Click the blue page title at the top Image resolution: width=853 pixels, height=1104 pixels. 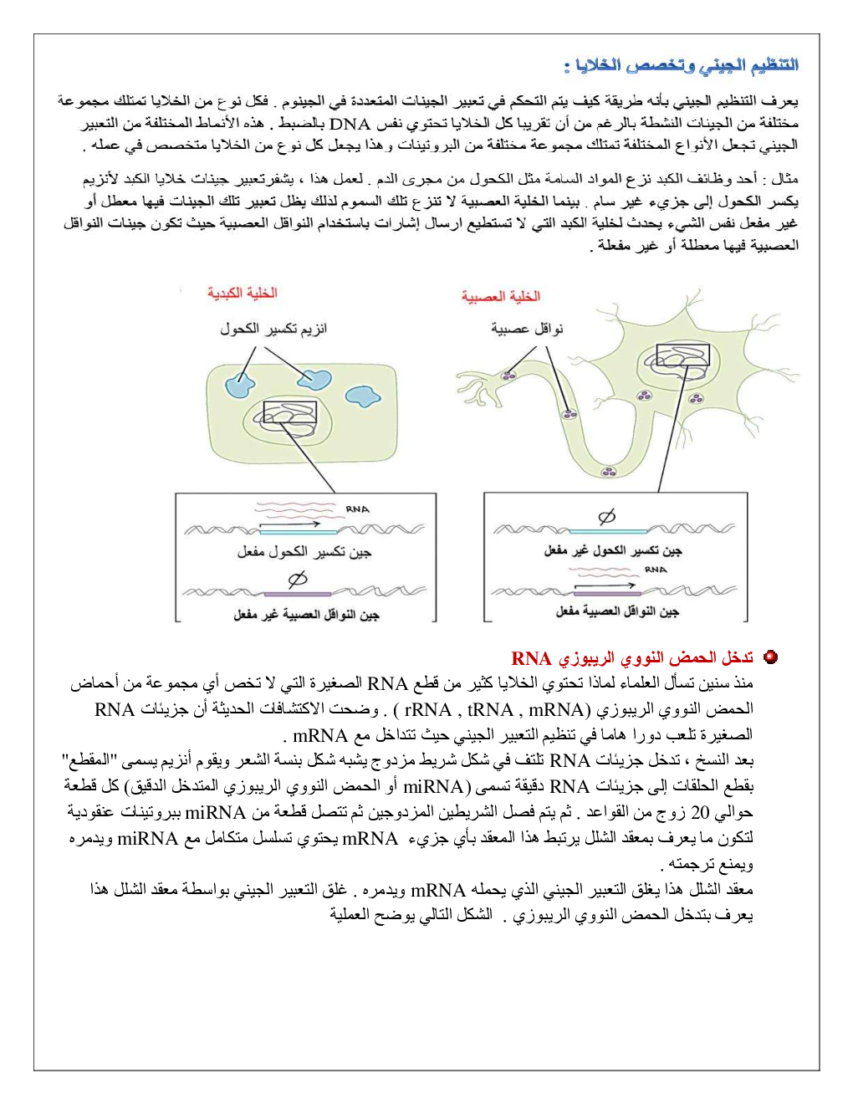click(x=681, y=65)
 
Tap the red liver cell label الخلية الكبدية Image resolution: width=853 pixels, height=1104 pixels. click(x=242, y=293)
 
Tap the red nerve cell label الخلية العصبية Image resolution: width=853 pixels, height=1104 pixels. click(x=500, y=296)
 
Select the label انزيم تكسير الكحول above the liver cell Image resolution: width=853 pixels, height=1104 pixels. click(x=273, y=329)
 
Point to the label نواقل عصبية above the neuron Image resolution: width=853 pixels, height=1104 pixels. click(x=527, y=329)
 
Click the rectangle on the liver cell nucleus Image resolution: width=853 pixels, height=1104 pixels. click(x=289, y=413)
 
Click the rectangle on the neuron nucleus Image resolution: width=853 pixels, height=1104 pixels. click(x=682, y=356)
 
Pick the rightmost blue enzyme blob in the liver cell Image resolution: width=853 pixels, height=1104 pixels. click(x=363, y=396)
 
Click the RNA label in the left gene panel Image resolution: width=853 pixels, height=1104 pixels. click(x=357, y=509)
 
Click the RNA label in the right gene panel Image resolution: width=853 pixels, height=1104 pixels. click(x=656, y=570)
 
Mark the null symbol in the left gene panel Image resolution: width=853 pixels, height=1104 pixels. click(x=298, y=579)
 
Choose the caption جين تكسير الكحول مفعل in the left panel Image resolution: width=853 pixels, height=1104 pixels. click(x=304, y=552)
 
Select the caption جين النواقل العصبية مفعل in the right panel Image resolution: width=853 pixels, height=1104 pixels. click(x=617, y=612)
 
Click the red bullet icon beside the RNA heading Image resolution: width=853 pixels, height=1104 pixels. click(x=771, y=657)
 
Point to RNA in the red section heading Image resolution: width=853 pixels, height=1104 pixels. click(x=531, y=659)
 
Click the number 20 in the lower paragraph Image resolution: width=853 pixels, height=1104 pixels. click(x=700, y=812)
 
